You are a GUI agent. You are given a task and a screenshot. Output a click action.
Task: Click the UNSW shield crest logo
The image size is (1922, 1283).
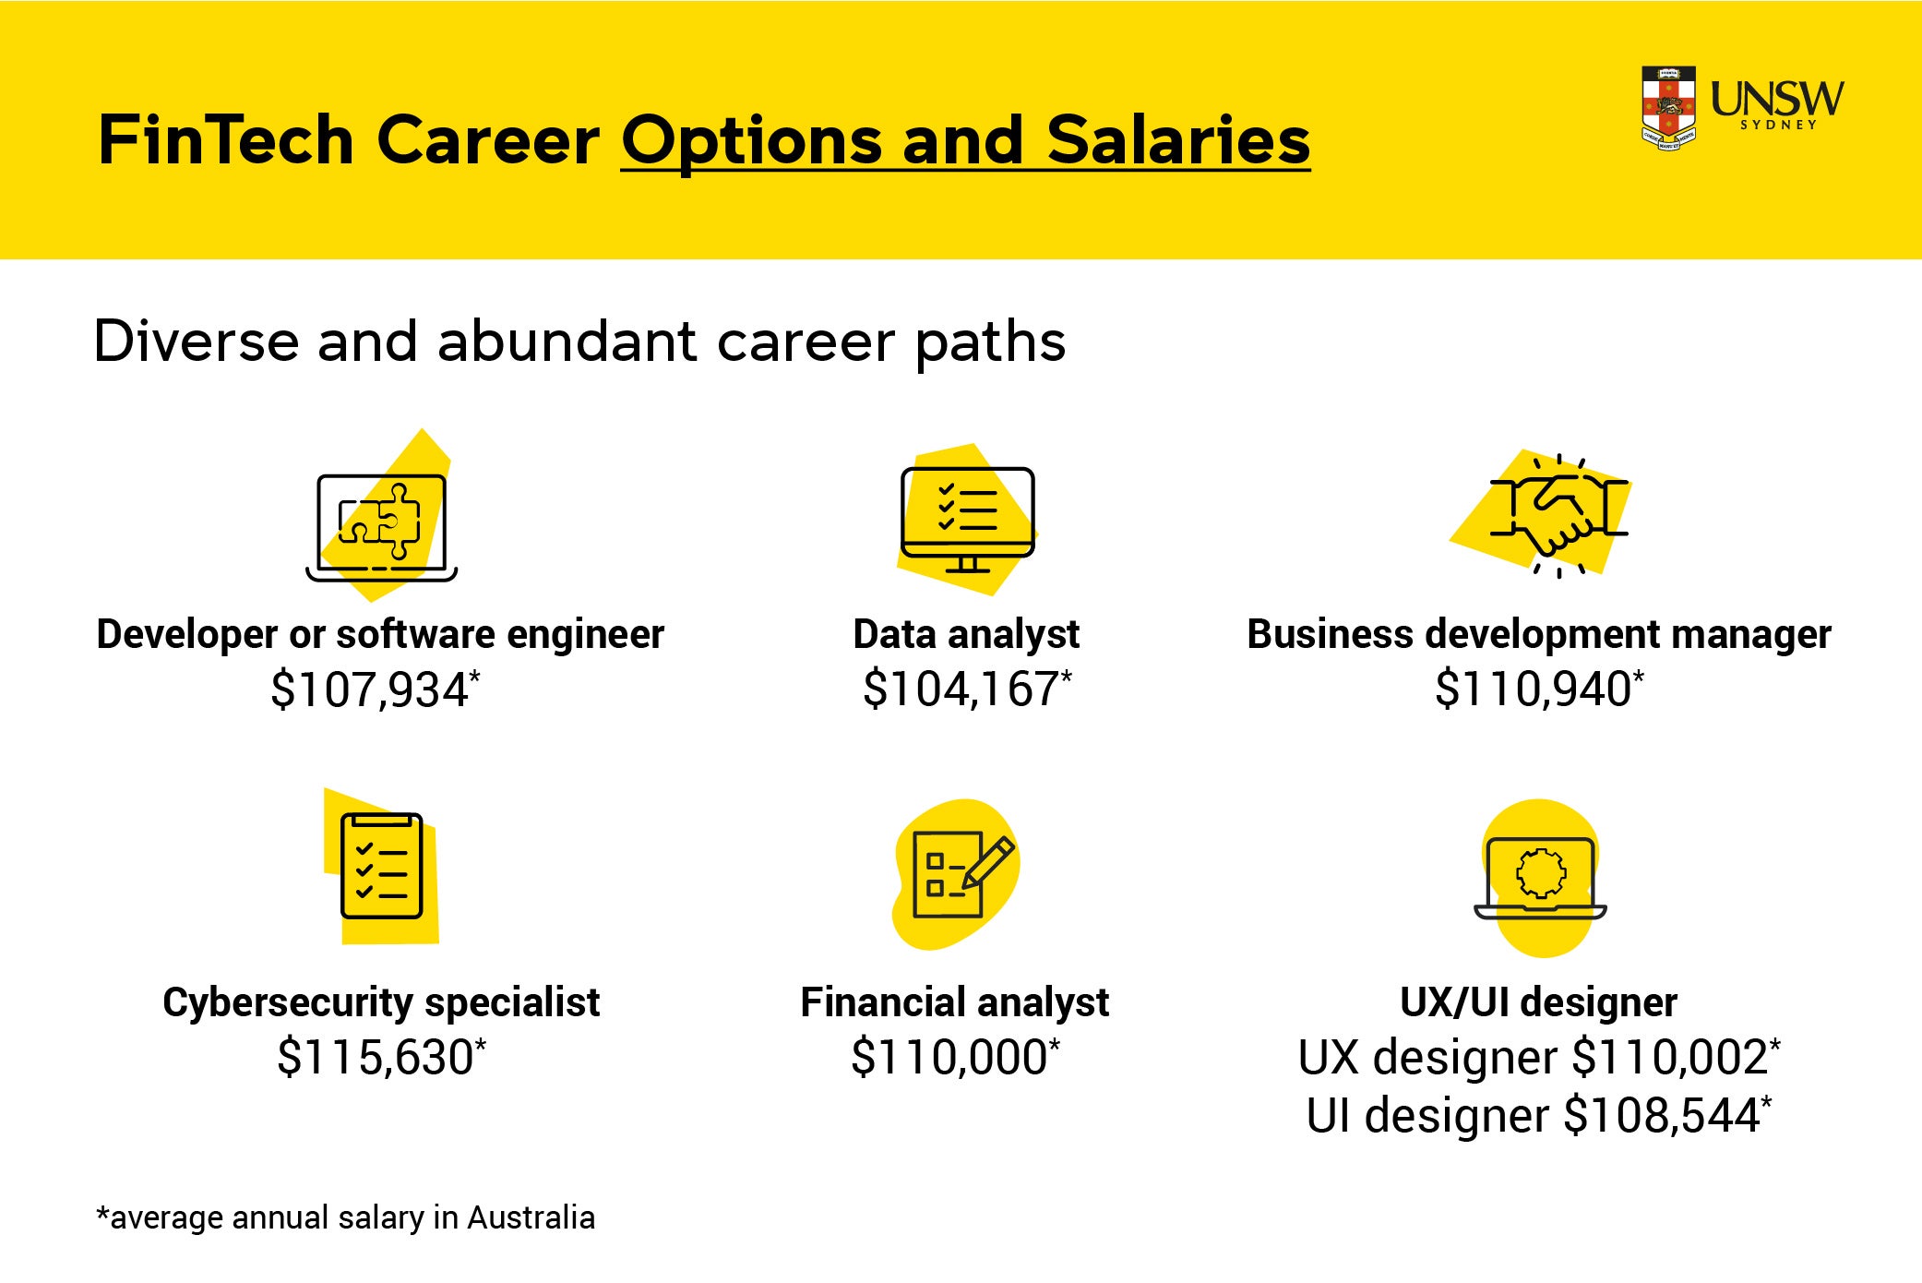(x=1668, y=108)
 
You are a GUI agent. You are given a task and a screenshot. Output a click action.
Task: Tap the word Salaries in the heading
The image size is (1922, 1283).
(x=1178, y=141)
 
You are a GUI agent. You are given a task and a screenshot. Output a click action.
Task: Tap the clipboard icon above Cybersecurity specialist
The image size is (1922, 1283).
(x=381, y=866)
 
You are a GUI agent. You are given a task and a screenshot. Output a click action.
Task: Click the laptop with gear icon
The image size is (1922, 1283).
(x=1540, y=877)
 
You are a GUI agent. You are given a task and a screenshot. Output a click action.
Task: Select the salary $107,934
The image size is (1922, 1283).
(x=371, y=690)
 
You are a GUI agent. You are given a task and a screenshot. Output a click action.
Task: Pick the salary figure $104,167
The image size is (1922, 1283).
(x=961, y=689)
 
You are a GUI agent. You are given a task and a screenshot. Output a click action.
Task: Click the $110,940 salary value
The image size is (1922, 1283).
(x=1534, y=689)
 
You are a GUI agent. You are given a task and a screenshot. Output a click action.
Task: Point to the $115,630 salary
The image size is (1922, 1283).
(x=376, y=1058)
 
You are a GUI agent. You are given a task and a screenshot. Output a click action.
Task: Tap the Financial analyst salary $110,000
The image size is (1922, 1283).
(x=950, y=1058)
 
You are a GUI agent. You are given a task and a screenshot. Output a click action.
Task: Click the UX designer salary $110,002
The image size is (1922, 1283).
(x=1670, y=1058)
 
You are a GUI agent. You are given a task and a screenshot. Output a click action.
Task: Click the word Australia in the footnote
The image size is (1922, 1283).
(x=531, y=1217)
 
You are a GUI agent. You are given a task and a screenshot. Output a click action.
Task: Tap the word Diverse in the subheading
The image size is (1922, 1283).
(x=197, y=342)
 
